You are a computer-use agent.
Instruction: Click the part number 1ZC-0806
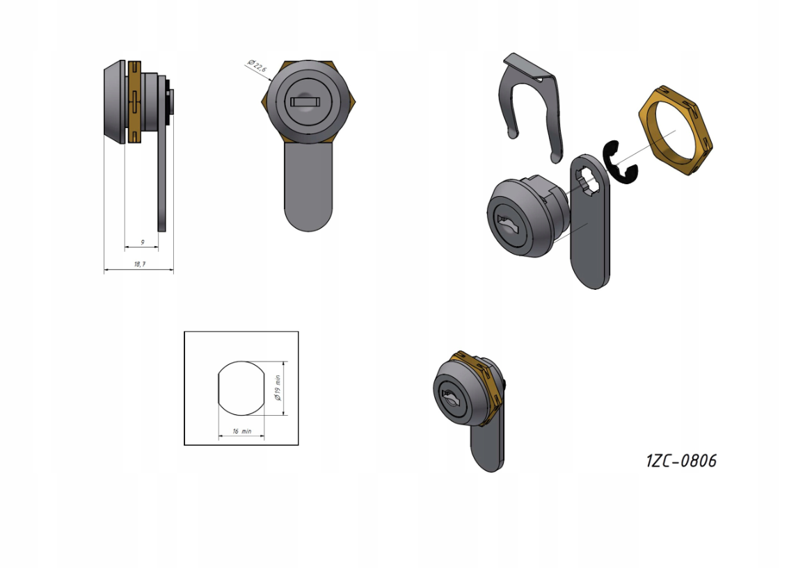[681, 460]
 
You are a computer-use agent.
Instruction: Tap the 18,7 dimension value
[139, 264]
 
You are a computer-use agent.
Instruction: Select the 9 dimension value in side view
[142, 243]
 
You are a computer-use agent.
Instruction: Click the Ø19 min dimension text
[277, 388]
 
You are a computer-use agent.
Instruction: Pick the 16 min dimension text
[242, 431]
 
